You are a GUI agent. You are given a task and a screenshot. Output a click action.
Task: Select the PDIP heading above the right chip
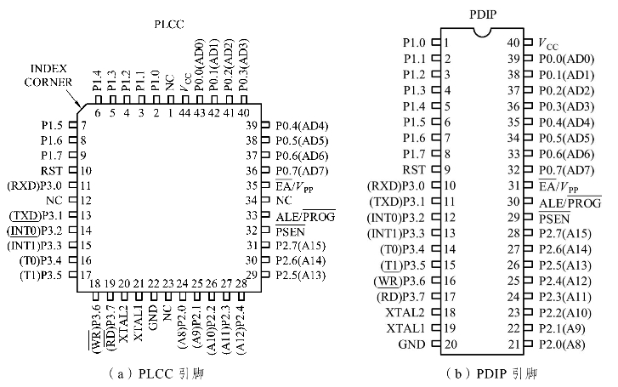[x=484, y=12]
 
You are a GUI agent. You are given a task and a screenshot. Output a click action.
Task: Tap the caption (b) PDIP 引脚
[x=482, y=373]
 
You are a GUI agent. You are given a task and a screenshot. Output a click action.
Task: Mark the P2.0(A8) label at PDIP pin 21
[x=565, y=344]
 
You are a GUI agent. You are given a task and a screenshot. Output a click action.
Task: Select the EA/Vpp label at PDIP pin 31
[x=559, y=186]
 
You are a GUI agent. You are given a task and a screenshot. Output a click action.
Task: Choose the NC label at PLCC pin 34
[x=284, y=200]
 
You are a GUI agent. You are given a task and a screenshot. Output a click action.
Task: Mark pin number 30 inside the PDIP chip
[x=514, y=202]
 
